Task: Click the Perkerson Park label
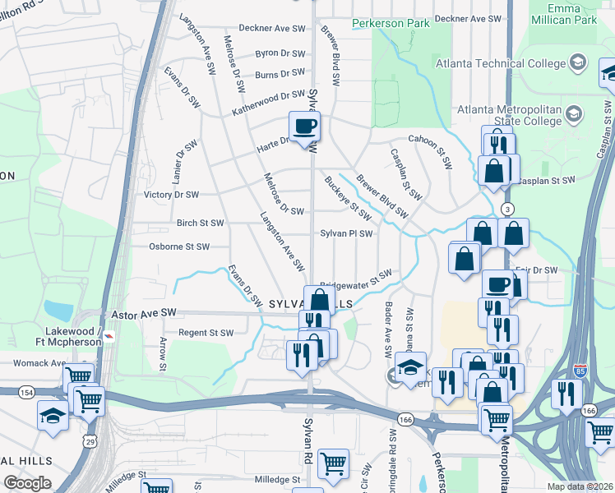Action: (x=391, y=24)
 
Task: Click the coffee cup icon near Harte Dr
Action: (x=304, y=127)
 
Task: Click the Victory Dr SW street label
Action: (x=171, y=195)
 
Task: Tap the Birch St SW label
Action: (x=200, y=223)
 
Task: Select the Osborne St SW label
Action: (x=179, y=246)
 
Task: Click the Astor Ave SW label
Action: (x=144, y=313)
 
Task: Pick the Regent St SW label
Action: (x=206, y=333)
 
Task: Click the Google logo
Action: (x=29, y=483)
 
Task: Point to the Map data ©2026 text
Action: (x=580, y=486)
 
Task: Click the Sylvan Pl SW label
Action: (x=346, y=233)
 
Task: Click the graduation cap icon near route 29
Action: (x=53, y=415)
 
